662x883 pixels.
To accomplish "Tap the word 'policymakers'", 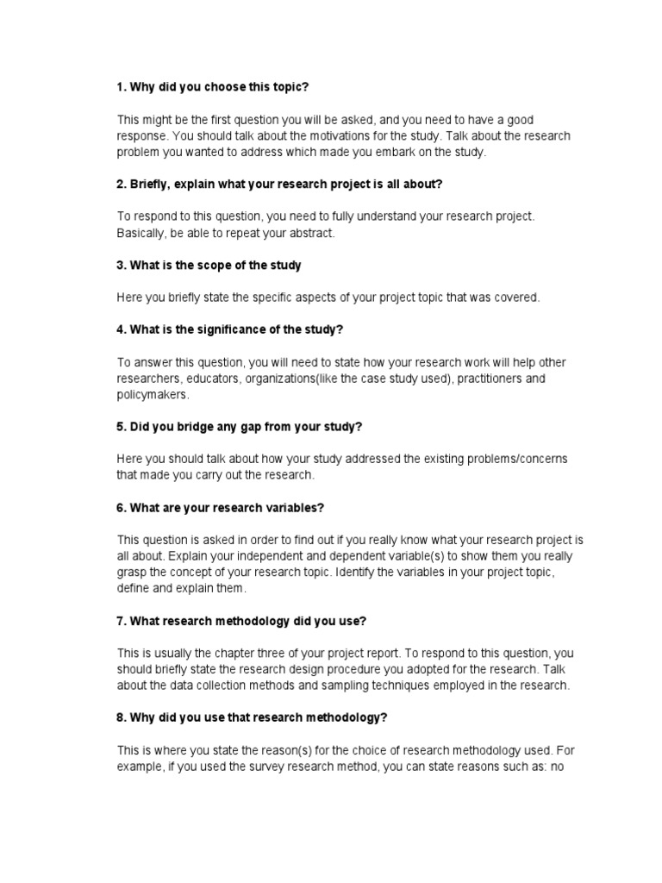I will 152,394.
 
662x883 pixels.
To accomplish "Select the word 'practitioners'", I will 473,378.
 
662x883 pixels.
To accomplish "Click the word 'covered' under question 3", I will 515,297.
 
